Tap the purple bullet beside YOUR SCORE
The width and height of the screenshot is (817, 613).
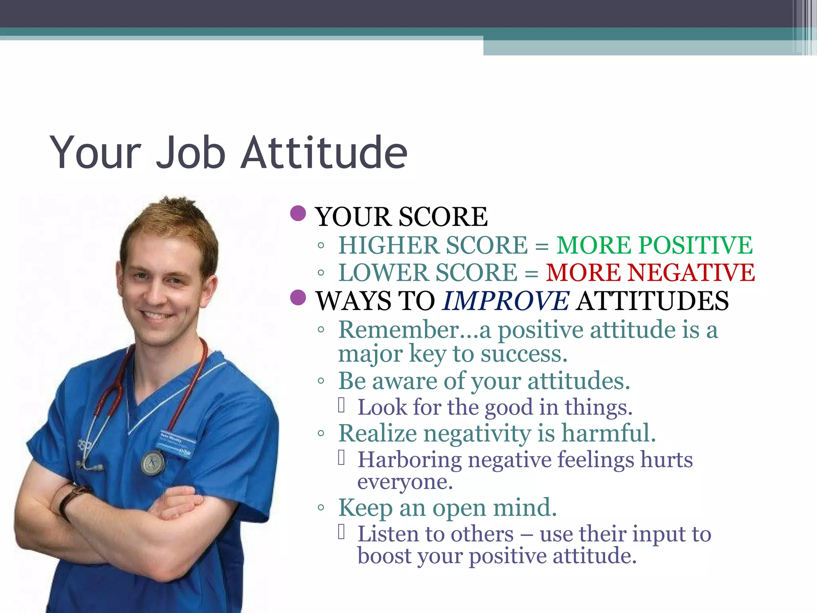click(x=298, y=214)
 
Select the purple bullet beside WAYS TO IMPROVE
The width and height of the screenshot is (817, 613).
click(x=298, y=297)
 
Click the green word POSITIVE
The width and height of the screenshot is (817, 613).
click(x=695, y=245)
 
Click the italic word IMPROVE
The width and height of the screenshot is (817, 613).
click(x=506, y=301)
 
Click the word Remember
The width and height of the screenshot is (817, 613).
click(x=399, y=330)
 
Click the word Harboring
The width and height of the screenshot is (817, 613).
click(x=409, y=460)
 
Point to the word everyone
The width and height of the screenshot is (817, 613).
click(x=405, y=482)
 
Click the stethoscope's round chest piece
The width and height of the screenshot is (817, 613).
click(x=152, y=463)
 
